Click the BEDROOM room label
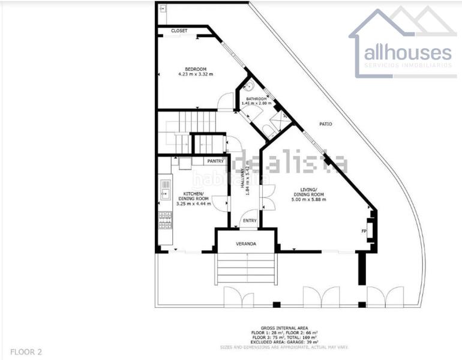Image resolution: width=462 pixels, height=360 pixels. (x=196, y=68)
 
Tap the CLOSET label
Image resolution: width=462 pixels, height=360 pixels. (x=179, y=31)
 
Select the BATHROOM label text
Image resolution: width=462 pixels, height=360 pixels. (x=256, y=98)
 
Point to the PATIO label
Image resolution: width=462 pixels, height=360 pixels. (x=325, y=124)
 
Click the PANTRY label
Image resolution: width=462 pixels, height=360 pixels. (x=215, y=161)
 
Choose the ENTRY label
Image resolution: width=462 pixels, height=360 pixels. (x=250, y=221)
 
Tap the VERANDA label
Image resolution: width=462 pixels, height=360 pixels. (x=246, y=244)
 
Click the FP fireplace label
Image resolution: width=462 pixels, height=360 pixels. (x=364, y=231)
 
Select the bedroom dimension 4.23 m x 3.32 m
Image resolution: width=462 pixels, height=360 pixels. (x=196, y=74)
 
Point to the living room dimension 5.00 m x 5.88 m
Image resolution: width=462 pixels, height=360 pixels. (x=309, y=200)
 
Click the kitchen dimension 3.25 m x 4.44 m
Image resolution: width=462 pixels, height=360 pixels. (x=192, y=203)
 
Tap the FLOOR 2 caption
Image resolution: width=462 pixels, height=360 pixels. (x=26, y=352)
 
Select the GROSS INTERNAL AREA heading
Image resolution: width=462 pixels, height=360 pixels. (x=284, y=328)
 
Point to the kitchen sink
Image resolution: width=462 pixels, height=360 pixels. (x=164, y=194)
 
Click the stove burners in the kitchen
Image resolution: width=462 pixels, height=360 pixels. (x=164, y=220)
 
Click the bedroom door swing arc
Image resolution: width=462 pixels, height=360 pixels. (x=226, y=102)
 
